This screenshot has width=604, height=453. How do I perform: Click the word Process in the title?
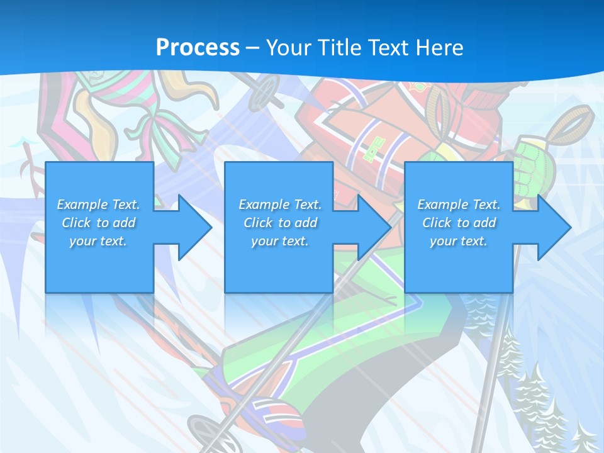pyautogui.click(x=198, y=48)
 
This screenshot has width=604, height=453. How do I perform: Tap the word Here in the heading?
pyautogui.click(x=439, y=48)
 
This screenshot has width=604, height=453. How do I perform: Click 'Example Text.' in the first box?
pyautogui.click(x=98, y=204)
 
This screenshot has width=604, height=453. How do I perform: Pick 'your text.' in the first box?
pyautogui.click(x=98, y=241)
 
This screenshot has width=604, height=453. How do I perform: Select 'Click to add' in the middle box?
pyautogui.click(x=280, y=223)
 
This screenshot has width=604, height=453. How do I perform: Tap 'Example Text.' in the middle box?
pyautogui.click(x=280, y=204)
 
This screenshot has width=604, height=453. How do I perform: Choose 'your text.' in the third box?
pyautogui.click(x=459, y=241)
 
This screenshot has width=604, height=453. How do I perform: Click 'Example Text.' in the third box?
pyautogui.click(x=459, y=204)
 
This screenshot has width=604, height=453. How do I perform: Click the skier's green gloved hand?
pyautogui.click(x=534, y=166)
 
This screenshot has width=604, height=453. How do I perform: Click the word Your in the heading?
pyautogui.click(x=289, y=48)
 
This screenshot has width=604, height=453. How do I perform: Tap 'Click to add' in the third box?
pyautogui.click(x=459, y=223)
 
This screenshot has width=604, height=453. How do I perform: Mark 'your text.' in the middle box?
pyautogui.click(x=280, y=241)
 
